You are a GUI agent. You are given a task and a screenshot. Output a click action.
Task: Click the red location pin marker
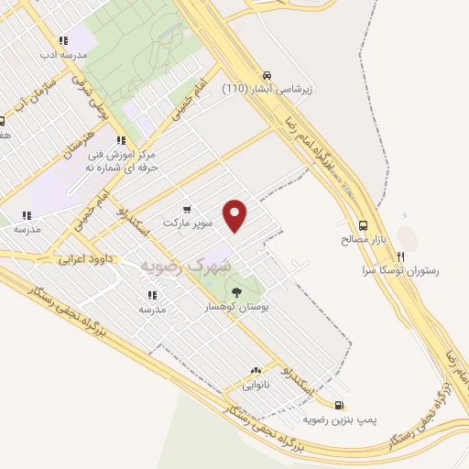(x=236, y=215)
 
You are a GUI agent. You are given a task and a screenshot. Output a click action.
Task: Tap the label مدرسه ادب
(x=62, y=54)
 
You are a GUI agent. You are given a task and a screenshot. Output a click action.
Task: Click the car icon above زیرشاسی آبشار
(x=266, y=75)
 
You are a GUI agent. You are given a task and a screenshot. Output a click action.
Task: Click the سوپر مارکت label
(x=188, y=223)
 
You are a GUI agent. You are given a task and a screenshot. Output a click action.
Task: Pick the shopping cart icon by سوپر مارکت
(x=188, y=209)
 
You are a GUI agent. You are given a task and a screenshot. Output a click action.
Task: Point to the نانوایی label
(x=255, y=386)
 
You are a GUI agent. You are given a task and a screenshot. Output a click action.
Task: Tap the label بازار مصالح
(x=364, y=239)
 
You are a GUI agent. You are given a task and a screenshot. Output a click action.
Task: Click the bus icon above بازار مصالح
(x=364, y=225)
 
